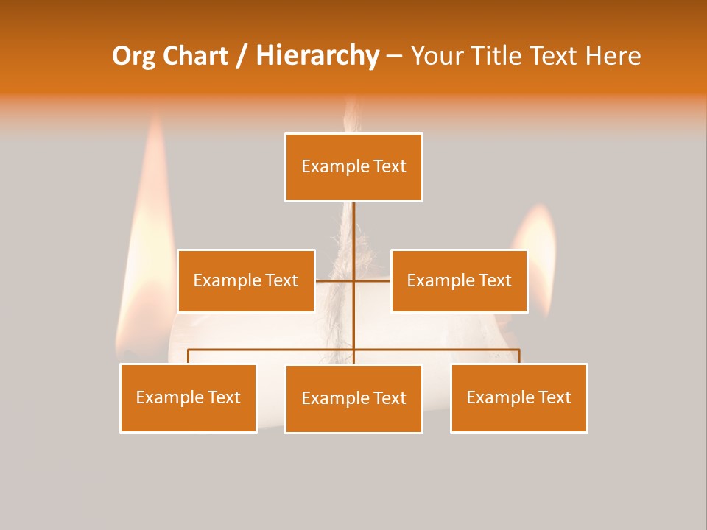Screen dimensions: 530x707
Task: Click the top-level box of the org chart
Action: pyautogui.click(x=353, y=167)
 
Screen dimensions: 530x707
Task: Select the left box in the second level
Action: pyautogui.click(x=246, y=280)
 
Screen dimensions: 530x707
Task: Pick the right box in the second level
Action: pyautogui.click(x=459, y=280)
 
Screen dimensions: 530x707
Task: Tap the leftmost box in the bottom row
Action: pyautogui.click(x=189, y=397)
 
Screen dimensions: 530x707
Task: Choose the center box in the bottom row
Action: pyautogui.click(x=353, y=398)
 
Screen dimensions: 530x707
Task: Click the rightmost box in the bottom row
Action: pyautogui.click(x=518, y=397)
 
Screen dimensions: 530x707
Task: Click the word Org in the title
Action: pyautogui.click(x=133, y=56)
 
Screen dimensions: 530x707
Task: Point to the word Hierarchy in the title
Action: pyautogui.click(x=317, y=56)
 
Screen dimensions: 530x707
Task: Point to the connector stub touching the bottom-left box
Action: pyautogui.click(x=189, y=356)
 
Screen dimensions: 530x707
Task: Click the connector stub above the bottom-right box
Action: pyautogui.click(x=519, y=356)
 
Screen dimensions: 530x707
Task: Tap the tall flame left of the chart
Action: pyautogui.click(x=152, y=221)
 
